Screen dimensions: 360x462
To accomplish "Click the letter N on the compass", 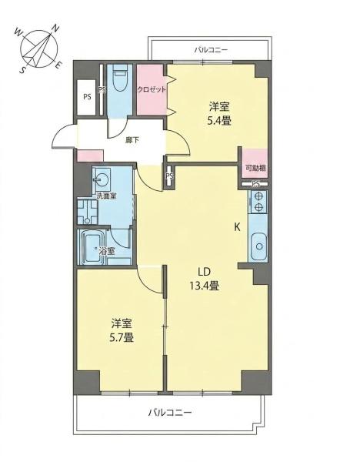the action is pyautogui.click(x=55, y=28).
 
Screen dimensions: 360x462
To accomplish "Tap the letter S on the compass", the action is pyautogui.click(x=22, y=70).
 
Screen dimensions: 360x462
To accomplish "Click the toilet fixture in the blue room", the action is pyautogui.click(x=120, y=79).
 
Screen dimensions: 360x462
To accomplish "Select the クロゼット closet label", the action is pyautogui.click(x=152, y=89).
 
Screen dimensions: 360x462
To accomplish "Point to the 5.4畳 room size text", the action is pyautogui.click(x=219, y=121).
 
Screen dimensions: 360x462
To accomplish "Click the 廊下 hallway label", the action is pyautogui.click(x=132, y=140).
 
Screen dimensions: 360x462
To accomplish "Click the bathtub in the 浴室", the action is pyautogui.click(x=94, y=246).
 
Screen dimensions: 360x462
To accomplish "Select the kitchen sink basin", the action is pyautogui.click(x=259, y=246).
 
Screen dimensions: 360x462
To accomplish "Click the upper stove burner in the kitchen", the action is pyautogui.click(x=258, y=196).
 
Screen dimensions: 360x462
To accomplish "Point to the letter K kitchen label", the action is pyautogui.click(x=237, y=227).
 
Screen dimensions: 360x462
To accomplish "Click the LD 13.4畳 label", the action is pyautogui.click(x=205, y=279).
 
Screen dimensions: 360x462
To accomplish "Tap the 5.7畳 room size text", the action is pyautogui.click(x=122, y=337).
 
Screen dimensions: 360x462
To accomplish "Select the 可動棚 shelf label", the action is pyautogui.click(x=256, y=168).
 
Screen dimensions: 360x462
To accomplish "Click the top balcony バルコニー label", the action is pyautogui.click(x=211, y=49).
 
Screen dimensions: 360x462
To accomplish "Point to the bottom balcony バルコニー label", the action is pyautogui.click(x=170, y=412).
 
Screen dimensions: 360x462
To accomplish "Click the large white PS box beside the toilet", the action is pyautogui.click(x=87, y=97).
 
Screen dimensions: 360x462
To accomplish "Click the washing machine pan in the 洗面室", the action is pyautogui.click(x=88, y=212).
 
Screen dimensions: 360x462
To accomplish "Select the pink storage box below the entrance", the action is pyautogui.click(x=90, y=156).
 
